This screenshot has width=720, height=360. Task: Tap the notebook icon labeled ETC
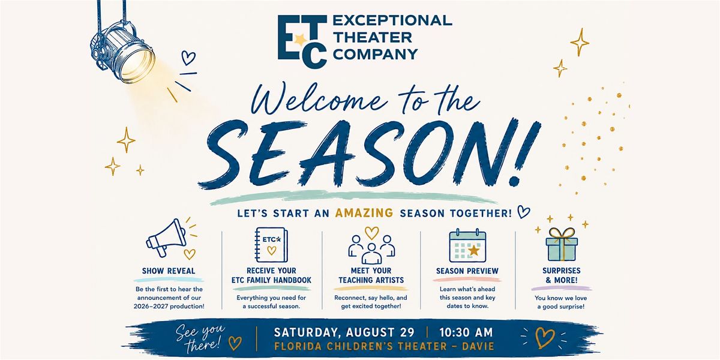[x=271, y=245]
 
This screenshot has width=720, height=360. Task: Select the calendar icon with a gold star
[x=467, y=246]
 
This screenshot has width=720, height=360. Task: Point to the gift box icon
[x=562, y=245]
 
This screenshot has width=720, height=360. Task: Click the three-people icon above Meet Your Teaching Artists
[x=371, y=248]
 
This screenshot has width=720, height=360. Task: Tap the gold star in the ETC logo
[x=301, y=40]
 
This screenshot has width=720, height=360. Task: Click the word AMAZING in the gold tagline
[x=364, y=213]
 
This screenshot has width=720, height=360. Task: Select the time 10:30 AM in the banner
[x=466, y=332]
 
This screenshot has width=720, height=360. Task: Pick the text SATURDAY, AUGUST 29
[x=344, y=332]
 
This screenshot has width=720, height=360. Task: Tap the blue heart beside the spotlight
[x=188, y=58]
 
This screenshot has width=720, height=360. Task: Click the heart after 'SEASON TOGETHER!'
[x=523, y=212]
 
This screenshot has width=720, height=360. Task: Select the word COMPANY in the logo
[x=376, y=55]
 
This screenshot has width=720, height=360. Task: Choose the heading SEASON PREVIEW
[x=467, y=271]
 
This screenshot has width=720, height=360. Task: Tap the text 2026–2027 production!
[x=169, y=307]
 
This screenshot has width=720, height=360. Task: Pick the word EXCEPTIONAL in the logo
[x=392, y=20]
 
